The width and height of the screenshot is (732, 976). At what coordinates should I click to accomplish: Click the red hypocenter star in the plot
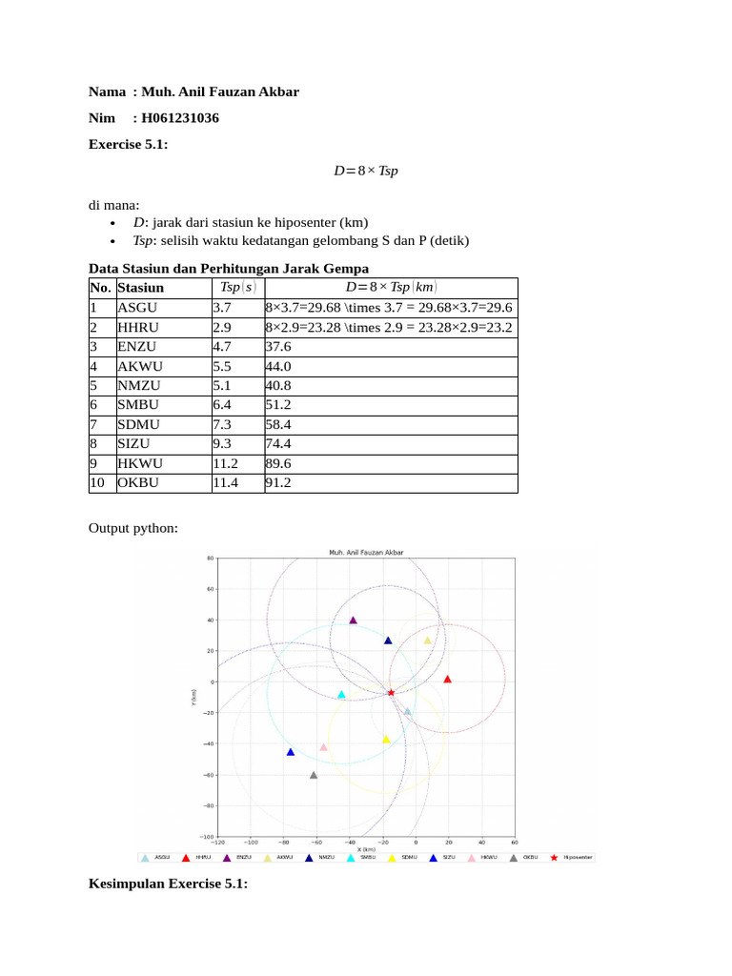pyautogui.click(x=391, y=693)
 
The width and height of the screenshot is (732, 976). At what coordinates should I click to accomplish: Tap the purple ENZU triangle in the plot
pyautogui.click(x=353, y=620)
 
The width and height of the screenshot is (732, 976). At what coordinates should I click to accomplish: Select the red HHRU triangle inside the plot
pyautogui.click(x=447, y=680)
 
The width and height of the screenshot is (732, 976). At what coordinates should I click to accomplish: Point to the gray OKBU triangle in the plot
pyautogui.click(x=314, y=775)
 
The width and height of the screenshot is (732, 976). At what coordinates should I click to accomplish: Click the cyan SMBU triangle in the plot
pyautogui.click(x=341, y=695)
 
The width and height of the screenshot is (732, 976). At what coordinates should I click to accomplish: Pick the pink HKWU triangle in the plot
pyautogui.click(x=324, y=747)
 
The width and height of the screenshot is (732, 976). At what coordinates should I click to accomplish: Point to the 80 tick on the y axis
pyautogui.click(x=210, y=559)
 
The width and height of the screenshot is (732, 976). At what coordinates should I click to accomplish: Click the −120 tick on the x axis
pyautogui.click(x=218, y=843)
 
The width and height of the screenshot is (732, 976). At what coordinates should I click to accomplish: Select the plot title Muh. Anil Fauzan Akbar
pyautogui.click(x=366, y=551)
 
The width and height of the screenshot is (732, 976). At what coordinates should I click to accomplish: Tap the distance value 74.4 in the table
pyautogui.click(x=278, y=443)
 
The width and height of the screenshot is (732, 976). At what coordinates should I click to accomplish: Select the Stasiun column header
pyautogui.click(x=140, y=287)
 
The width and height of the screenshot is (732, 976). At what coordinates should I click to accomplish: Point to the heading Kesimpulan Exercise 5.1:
pyautogui.click(x=168, y=884)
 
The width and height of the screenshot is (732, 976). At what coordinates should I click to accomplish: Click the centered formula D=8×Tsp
pyautogui.click(x=365, y=172)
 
